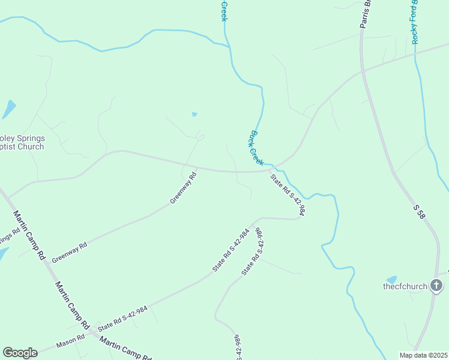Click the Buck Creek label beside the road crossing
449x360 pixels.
pyautogui.click(x=257, y=148)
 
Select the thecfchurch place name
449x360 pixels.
pyautogui.click(x=405, y=286)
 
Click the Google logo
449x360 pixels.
pyautogui.click(x=20, y=353)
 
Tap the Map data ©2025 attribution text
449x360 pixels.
pyautogui.click(x=424, y=355)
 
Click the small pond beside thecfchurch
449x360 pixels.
pyautogui.click(x=392, y=279)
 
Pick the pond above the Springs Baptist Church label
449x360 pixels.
pyautogui.click(x=10, y=109)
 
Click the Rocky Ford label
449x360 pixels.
pyautogui.click(x=415, y=22)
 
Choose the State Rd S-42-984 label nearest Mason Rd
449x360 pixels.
pyautogui.click(x=122, y=318)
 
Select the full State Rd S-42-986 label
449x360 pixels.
pyautogui.click(x=252, y=252)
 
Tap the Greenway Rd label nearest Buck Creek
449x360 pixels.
pyautogui.click(x=183, y=188)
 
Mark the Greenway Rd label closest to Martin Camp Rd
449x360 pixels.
pyautogui.click(x=69, y=252)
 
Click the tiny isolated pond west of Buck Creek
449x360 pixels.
pyautogui.click(x=194, y=114)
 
